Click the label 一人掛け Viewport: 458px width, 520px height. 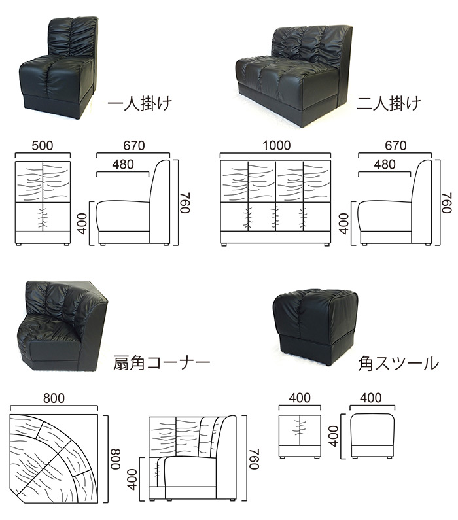[139, 103]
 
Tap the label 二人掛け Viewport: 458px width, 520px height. [389, 103]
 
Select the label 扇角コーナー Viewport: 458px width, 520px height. [162, 363]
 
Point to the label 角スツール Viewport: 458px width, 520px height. [398, 364]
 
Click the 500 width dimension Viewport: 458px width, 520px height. [43, 146]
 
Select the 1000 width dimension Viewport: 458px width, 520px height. [277, 145]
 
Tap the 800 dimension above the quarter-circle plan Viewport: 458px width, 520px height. [54, 398]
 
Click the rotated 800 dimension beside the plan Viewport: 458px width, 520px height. [116, 459]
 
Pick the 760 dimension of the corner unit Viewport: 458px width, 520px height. [254, 459]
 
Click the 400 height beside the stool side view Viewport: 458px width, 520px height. [334, 436]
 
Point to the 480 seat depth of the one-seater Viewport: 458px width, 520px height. [123, 164]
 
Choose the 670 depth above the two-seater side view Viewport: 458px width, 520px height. [396, 146]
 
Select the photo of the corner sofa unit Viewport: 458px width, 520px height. [62, 326]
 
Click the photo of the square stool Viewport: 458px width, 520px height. [315, 326]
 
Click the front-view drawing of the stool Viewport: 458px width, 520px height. [300, 436]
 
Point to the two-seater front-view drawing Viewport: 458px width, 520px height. [275, 203]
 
